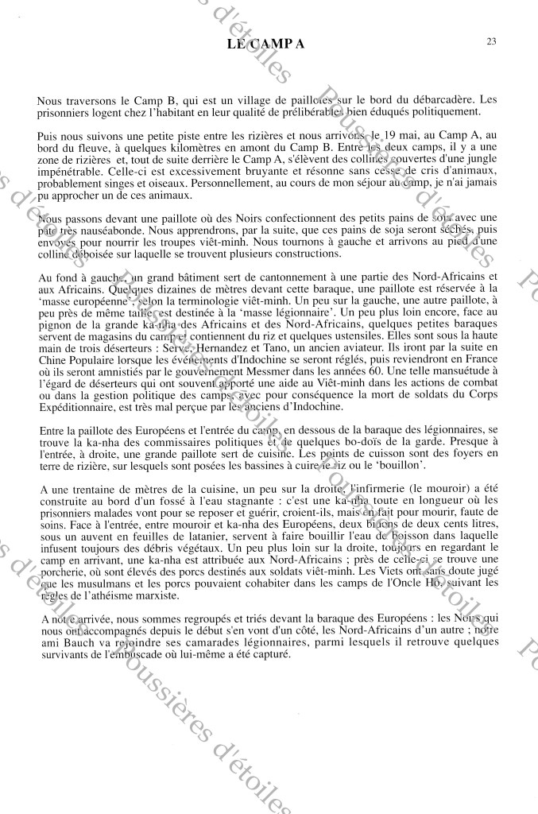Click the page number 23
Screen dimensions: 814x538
pyautogui.click(x=492, y=41)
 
